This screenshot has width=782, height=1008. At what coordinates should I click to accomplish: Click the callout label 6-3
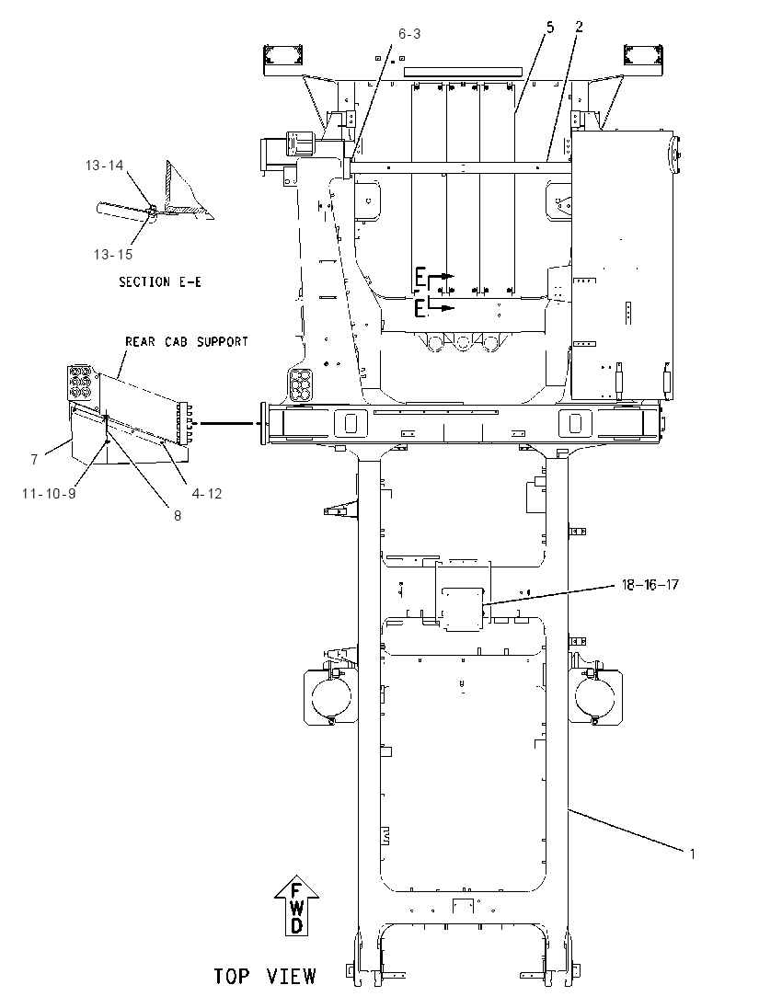point(409,33)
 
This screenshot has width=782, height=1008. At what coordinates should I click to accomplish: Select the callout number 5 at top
point(550,27)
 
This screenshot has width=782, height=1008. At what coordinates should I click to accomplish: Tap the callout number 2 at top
point(579,27)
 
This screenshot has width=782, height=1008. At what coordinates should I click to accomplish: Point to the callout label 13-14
point(104,166)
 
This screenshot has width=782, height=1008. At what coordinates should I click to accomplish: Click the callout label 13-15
point(113,255)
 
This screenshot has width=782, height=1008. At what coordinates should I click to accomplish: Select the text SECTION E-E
point(160,281)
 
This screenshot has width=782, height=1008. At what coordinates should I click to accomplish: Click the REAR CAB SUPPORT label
point(187,341)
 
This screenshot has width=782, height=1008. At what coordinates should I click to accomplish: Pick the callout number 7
point(34,459)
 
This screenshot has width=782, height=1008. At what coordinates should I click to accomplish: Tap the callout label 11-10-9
point(49,494)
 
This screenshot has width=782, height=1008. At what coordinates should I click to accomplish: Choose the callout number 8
point(178,516)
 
